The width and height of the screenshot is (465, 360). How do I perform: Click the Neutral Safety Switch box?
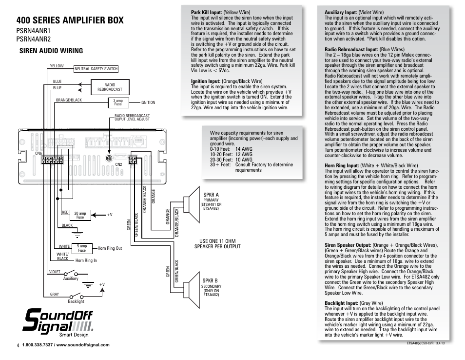coord(96,69)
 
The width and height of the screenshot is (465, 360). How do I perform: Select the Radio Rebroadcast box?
coord(110,87)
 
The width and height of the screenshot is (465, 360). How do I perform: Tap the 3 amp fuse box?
coord(117,102)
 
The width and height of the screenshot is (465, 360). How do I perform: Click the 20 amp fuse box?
coord(80,215)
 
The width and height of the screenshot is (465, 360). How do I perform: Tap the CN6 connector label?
coord(39,153)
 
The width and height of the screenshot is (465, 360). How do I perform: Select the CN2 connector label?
coord(118,164)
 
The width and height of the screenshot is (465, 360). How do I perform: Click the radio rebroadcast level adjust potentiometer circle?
coord(110,152)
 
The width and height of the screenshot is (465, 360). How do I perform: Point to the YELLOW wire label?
coord(57,66)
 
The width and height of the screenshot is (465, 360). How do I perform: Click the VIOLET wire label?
coord(54,272)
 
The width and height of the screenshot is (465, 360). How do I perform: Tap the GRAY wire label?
coord(55,294)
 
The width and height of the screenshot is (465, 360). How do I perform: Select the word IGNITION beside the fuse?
coord(148,102)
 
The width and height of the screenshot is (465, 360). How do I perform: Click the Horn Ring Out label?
coord(110,248)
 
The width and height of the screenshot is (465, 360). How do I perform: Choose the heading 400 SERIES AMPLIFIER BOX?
coord(70,20)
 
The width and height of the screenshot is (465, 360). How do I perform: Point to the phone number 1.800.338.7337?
coord(39,345)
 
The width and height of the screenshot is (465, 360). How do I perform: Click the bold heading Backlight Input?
coord(342,303)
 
